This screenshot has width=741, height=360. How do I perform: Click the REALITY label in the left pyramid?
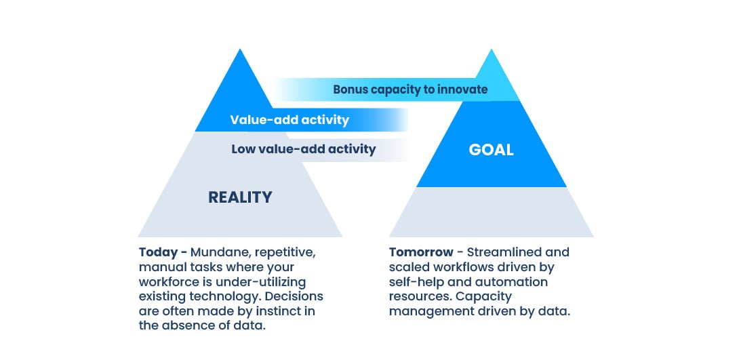pyautogui.click(x=240, y=197)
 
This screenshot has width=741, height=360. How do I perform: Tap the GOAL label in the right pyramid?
pyautogui.click(x=491, y=150)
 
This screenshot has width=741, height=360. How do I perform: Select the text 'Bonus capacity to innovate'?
pyautogui.click(x=410, y=89)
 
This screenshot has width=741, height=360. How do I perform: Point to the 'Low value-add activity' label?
pyautogui.click(x=304, y=149)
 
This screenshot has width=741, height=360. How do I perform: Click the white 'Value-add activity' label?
pyautogui.click(x=289, y=119)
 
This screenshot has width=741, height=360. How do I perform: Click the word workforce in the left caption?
pyautogui.click(x=165, y=282)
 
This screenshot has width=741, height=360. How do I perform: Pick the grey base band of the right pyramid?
pyautogui.click(x=491, y=212)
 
